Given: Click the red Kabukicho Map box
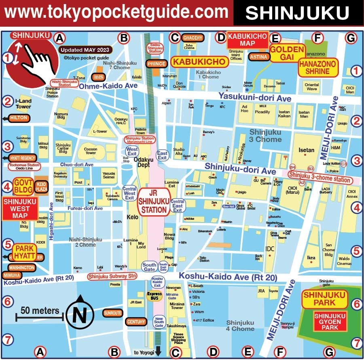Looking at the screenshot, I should (x=248, y=40).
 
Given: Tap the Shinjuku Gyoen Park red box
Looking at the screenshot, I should (x=330, y=322).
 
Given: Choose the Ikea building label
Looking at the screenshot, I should (x=311, y=258).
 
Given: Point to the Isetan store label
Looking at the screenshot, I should (x=306, y=150).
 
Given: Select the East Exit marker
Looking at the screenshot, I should (x=162, y=155).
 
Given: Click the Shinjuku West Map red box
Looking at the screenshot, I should (x=20, y=208).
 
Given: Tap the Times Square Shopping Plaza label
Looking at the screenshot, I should (x=178, y=339).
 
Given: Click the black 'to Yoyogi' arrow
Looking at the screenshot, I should (x=158, y=351).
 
